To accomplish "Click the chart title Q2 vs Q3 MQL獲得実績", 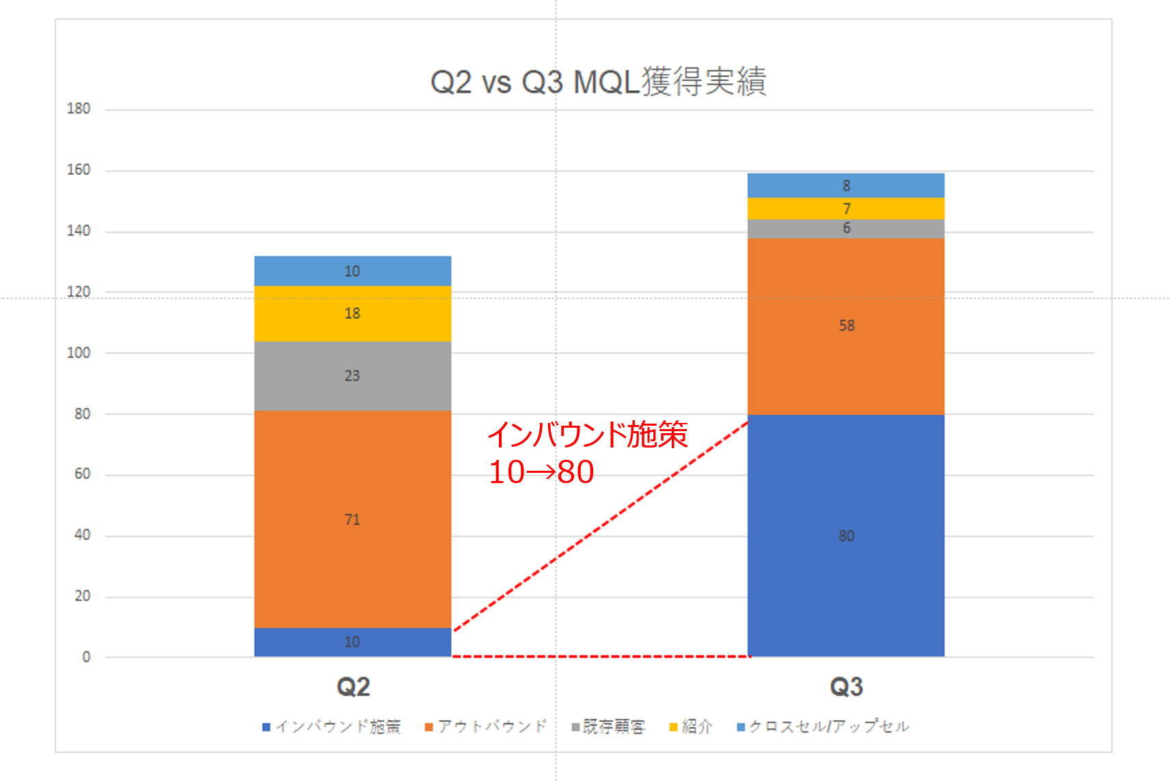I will tap(598, 82).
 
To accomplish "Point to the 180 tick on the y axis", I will tap(79, 109).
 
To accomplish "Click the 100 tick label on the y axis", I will tap(79, 353).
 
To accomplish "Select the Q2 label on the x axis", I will tap(353, 687).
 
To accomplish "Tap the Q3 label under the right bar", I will tap(846, 687).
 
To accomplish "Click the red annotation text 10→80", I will tap(541, 472).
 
